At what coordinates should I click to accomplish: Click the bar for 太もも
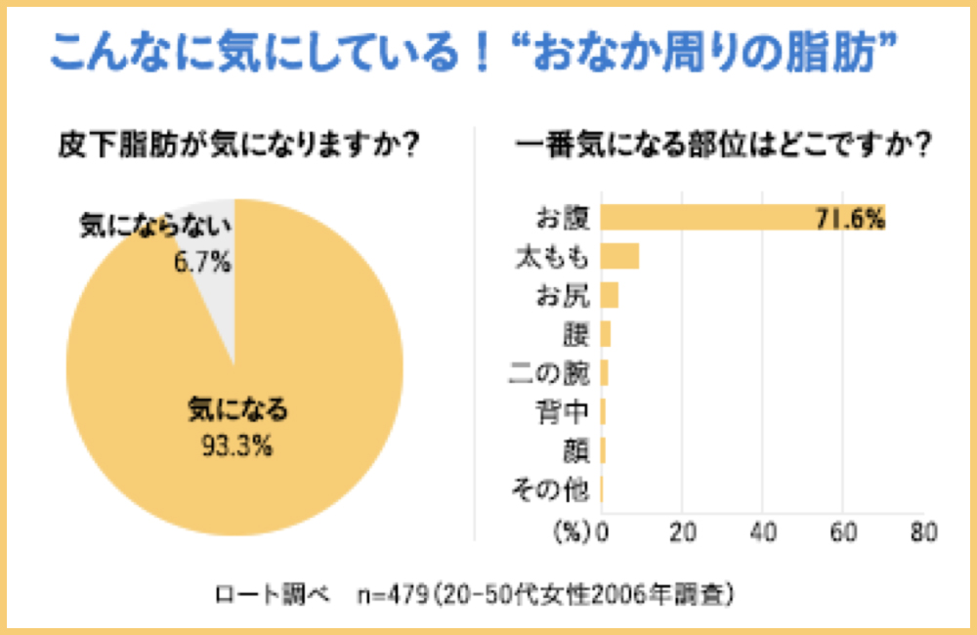click(619, 256)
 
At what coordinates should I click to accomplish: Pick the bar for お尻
click(610, 295)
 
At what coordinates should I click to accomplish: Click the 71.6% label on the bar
click(849, 218)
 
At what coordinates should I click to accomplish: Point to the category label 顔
click(575, 450)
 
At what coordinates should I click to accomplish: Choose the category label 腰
click(575, 334)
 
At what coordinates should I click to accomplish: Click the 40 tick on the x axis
click(763, 533)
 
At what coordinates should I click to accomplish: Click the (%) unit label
click(573, 533)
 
